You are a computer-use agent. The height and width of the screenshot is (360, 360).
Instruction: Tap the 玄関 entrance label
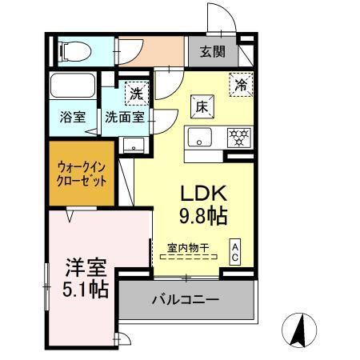click(x=212, y=53)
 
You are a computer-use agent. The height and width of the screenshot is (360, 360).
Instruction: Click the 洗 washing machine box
click(x=137, y=93)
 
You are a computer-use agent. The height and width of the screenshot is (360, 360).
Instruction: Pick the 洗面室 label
click(x=125, y=117)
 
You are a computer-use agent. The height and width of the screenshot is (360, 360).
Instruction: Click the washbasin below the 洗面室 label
click(x=134, y=144)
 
